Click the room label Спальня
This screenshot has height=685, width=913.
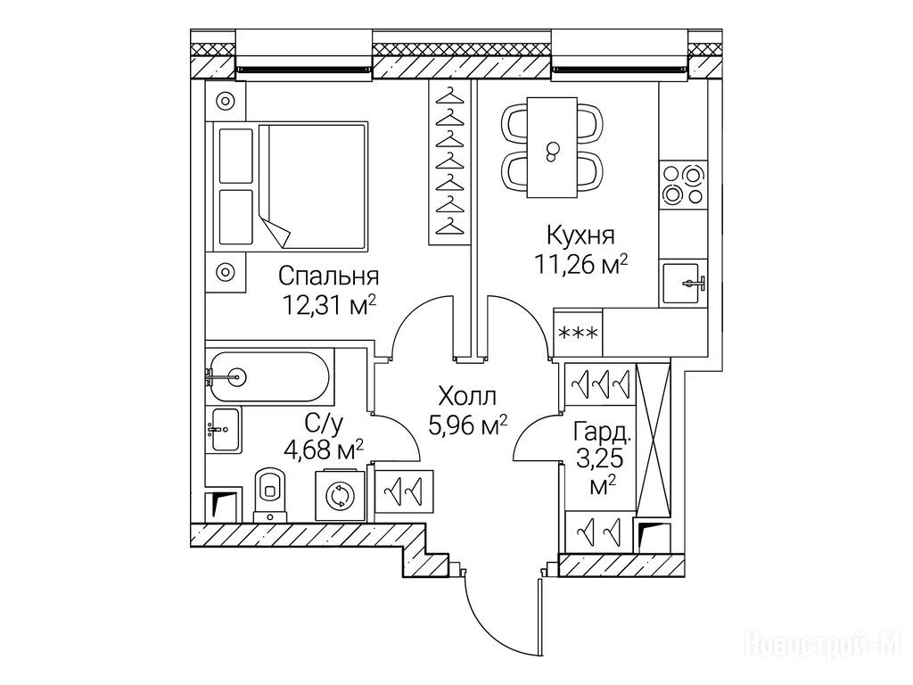coord(329,276)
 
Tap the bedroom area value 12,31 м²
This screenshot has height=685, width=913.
coord(327,306)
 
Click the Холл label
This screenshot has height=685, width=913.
coord(466,396)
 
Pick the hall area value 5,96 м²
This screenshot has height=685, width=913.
coord(468,425)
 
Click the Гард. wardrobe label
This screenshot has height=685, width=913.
coord(604,434)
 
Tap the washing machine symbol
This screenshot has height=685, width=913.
coord(339,495)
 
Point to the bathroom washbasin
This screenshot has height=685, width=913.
coord(224,430)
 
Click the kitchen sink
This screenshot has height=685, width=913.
coord(685,284)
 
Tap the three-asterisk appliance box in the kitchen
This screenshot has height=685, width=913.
coord(578,335)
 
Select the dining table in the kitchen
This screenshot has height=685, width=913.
coord(553,149)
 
